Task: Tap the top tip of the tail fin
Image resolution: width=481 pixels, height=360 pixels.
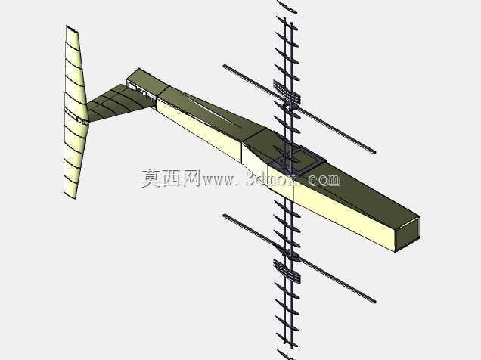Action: pyautogui.click(x=67, y=26)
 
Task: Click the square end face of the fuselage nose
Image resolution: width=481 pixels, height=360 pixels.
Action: pyautogui.click(x=408, y=234)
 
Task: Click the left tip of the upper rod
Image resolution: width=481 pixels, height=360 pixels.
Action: pyautogui.click(x=225, y=66)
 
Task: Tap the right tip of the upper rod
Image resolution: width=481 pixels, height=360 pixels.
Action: pyautogui.click(x=374, y=152)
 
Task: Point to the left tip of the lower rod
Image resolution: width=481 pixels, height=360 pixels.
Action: pyautogui.click(x=225, y=216)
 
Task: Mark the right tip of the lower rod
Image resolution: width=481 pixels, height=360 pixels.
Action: pyautogui.click(x=374, y=302)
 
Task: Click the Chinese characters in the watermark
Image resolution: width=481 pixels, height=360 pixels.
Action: pyautogui.click(x=171, y=178)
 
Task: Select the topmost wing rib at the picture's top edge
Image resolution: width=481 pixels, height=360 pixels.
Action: pyautogui.click(x=287, y=6)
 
